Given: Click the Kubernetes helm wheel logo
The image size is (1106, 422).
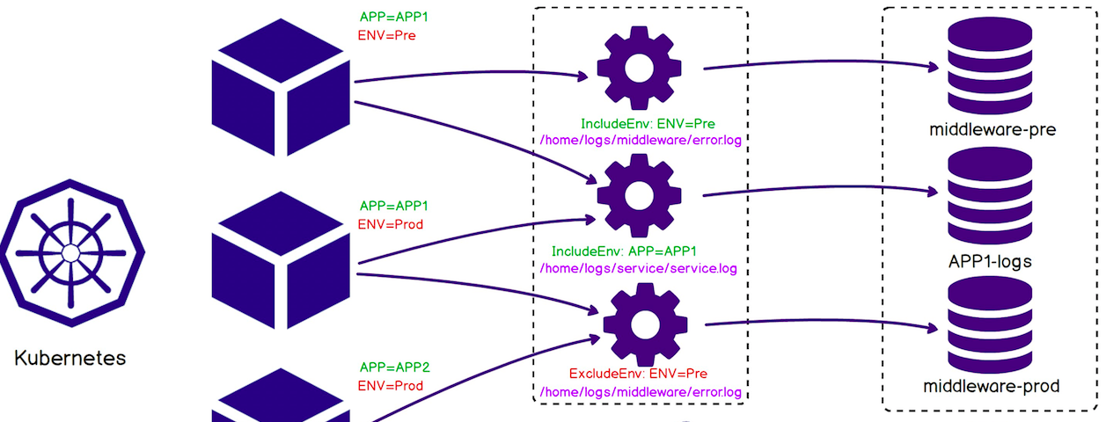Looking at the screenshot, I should pyautogui.click(x=70, y=253).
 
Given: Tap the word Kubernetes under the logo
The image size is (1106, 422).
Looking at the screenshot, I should pyautogui.click(x=70, y=359).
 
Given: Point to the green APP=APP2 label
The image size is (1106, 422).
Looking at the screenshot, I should pyautogui.click(x=394, y=368).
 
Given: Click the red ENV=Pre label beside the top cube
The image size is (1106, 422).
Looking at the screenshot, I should pyautogui.click(x=387, y=36).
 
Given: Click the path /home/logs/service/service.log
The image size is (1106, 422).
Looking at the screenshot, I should pyautogui.click(x=638, y=268).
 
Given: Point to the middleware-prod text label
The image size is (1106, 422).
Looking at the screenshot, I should pyautogui.click(x=991, y=386).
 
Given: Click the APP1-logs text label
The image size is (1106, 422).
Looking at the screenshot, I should pyautogui.click(x=991, y=261).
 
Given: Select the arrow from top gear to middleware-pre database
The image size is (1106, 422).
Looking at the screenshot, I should pyautogui.click(x=818, y=62).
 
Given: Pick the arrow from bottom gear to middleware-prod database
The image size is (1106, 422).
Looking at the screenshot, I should pyautogui.click(x=818, y=323).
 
